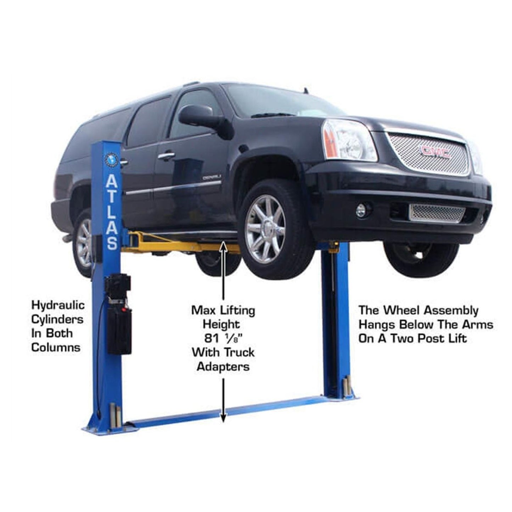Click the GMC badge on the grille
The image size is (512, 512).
435,152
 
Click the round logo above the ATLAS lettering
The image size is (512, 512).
111,158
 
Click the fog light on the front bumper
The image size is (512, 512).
361,211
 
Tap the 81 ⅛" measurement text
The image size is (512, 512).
223,338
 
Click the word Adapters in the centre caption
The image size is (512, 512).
223,366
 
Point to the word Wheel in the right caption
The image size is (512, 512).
403,310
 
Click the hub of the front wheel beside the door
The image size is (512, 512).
265,229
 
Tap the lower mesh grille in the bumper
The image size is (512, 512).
437,213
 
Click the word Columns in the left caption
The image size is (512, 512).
56,347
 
